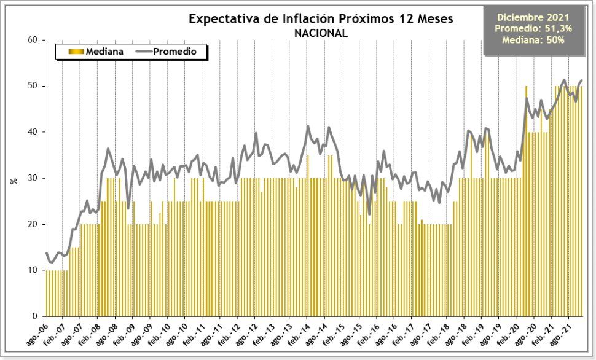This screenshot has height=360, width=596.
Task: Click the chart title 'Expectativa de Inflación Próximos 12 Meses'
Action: pyautogui.click(x=321, y=19)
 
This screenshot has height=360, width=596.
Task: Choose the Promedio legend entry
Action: pyautogui.click(x=175, y=52)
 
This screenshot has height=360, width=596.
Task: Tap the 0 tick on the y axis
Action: pyautogui.click(x=35, y=316)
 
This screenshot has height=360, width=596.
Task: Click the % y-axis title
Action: pyautogui.click(x=13, y=181)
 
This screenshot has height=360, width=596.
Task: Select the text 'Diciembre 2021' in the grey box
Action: pyautogui.click(x=533, y=17)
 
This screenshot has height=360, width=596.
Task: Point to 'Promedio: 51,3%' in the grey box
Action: pyautogui.click(x=533, y=28)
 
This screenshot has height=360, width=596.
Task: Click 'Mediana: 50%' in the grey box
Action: pyautogui.click(x=533, y=40)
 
